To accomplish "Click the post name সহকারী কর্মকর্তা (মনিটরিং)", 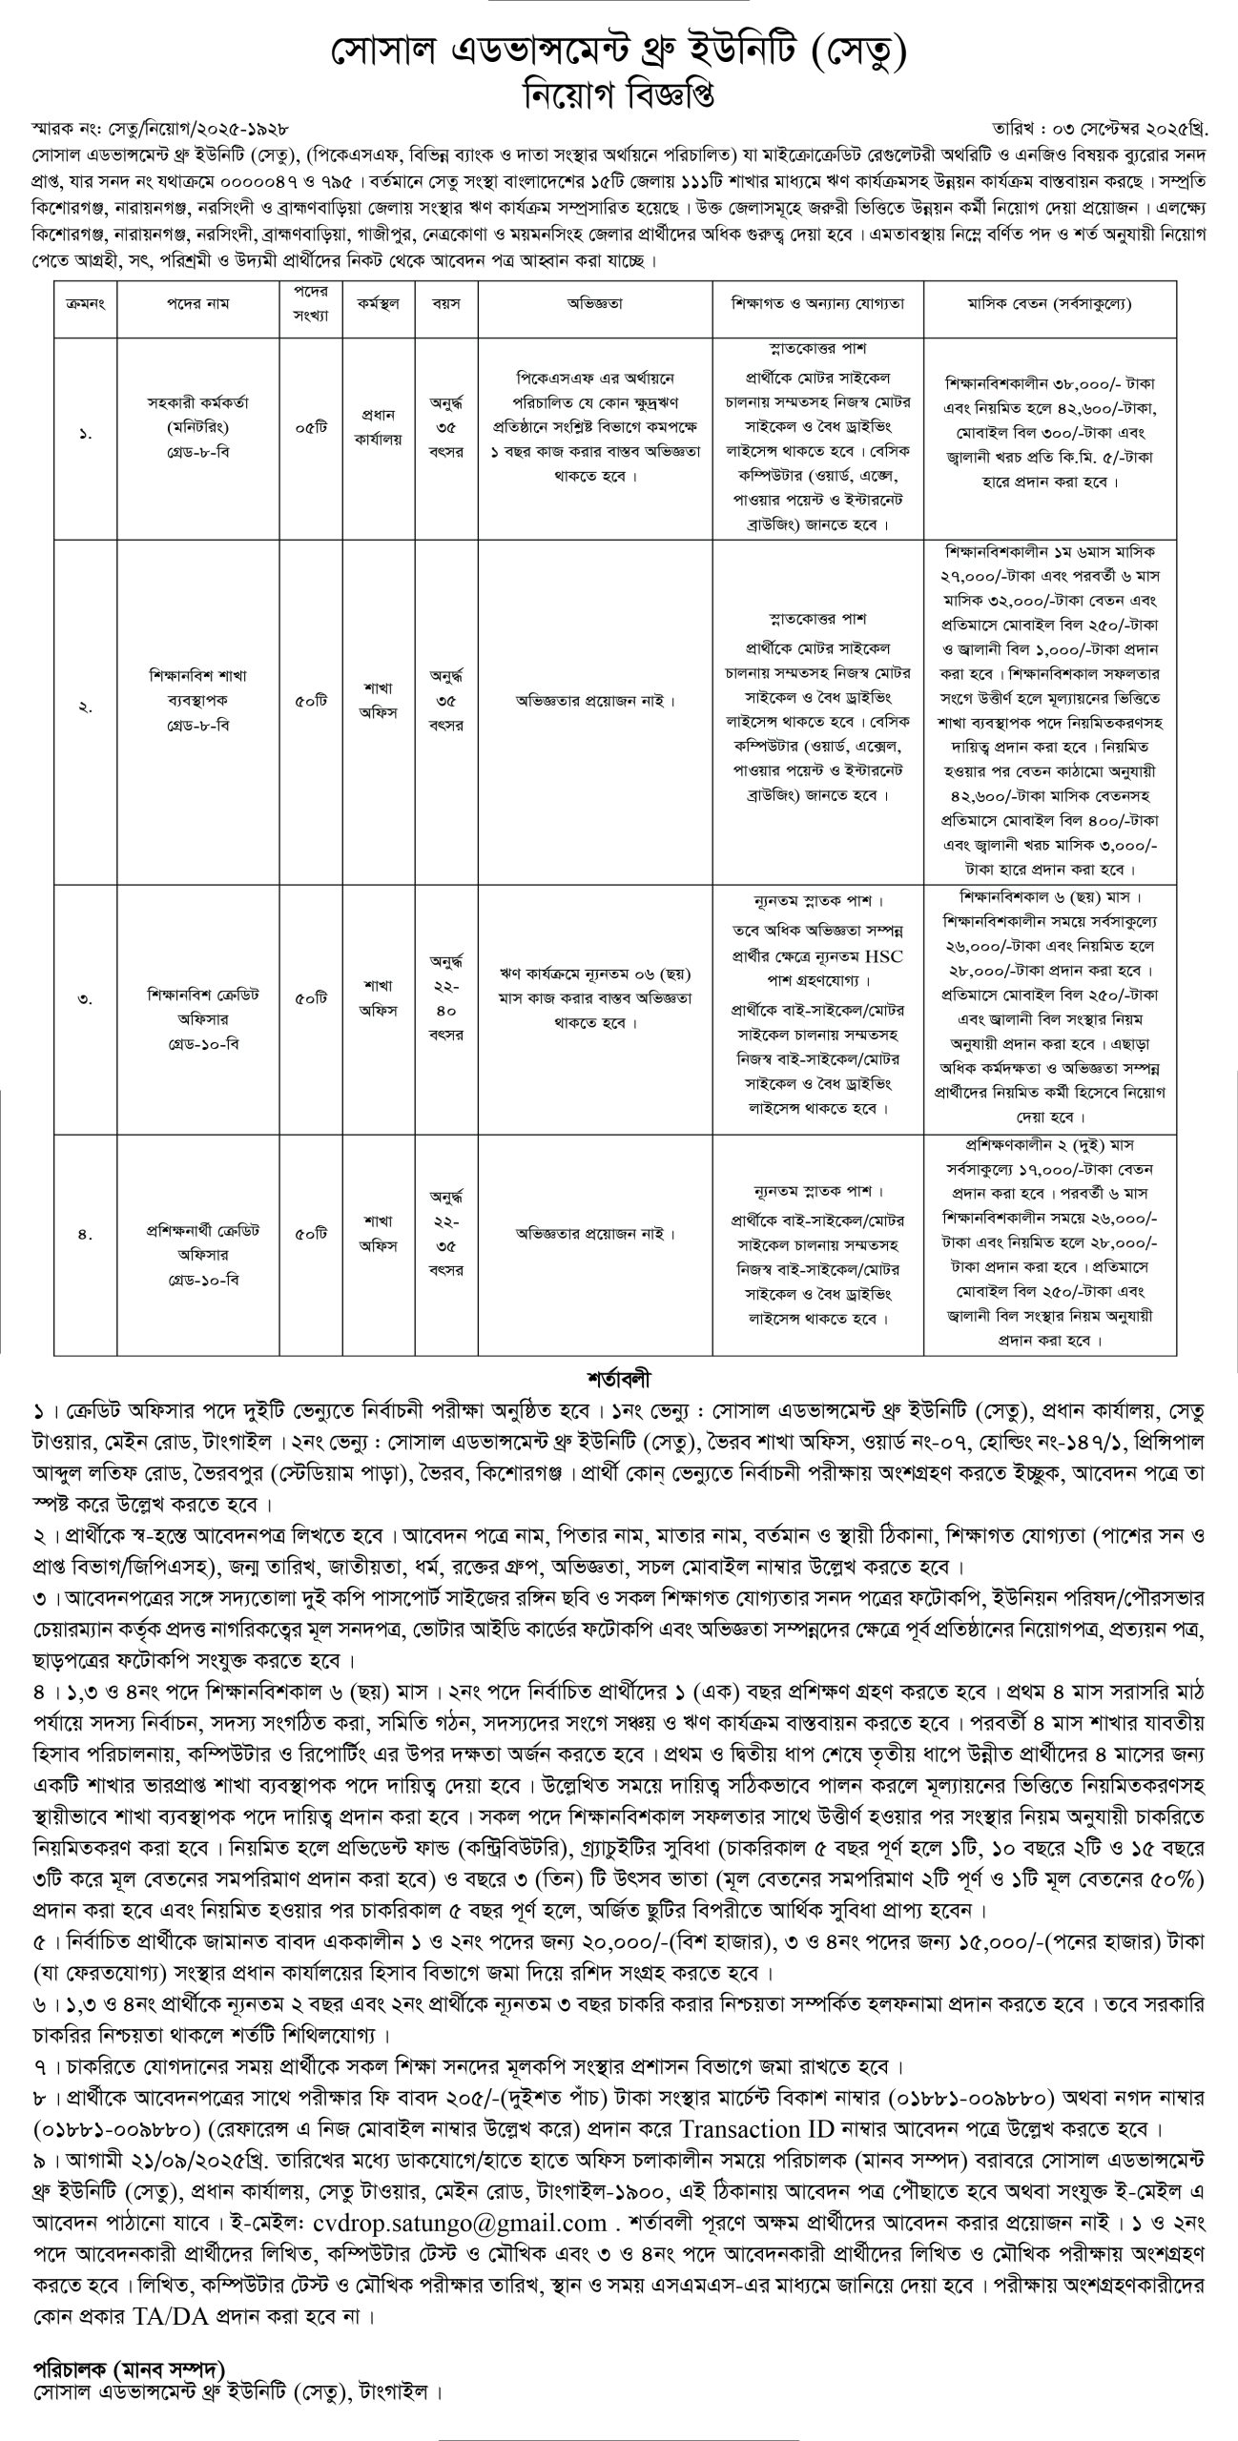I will [x=196, y=415].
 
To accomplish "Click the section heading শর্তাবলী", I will [x=619, y=1379].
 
